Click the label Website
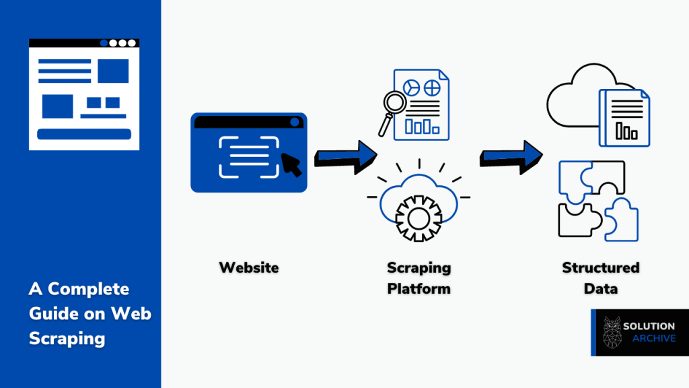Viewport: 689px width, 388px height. [x=248, y=267]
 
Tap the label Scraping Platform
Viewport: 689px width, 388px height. [x=419, y=278]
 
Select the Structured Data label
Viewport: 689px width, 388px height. [x=600, y=278]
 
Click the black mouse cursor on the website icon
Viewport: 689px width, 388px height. [x=291, y=164]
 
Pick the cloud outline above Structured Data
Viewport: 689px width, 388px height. [x=572, y=101]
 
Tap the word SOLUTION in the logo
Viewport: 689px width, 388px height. [x=649, y=326]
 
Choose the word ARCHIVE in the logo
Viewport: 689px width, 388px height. [x=653, y=338]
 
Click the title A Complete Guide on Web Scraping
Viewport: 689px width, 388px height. [x=89, y=313]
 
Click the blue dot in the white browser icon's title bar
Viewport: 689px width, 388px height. [x=103, y=43]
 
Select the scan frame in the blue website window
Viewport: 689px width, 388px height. [x=248, y=156]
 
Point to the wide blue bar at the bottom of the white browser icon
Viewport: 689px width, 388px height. [x=83, y=134]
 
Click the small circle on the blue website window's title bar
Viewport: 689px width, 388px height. [x=294, y=122]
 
